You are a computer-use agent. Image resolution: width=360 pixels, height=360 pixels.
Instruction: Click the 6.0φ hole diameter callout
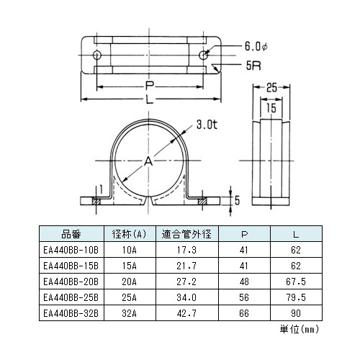(256, 46)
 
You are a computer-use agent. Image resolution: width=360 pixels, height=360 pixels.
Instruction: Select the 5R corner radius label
(253, 66)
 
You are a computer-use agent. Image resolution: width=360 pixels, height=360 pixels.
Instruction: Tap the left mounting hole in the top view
(97, 55)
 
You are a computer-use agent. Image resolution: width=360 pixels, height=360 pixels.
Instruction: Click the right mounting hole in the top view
(204, 55)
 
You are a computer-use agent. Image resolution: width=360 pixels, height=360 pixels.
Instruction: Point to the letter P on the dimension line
(150, 86)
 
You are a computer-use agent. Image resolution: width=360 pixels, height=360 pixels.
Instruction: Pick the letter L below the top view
(150, 99)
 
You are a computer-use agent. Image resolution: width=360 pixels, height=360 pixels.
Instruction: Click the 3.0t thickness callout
(207, 125)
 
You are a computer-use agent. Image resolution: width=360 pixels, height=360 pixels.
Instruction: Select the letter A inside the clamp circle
(148, 161)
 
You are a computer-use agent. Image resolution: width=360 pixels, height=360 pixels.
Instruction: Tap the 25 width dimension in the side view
(271, 88)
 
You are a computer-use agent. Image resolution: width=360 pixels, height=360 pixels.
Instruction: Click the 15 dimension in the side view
(271, 108)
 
